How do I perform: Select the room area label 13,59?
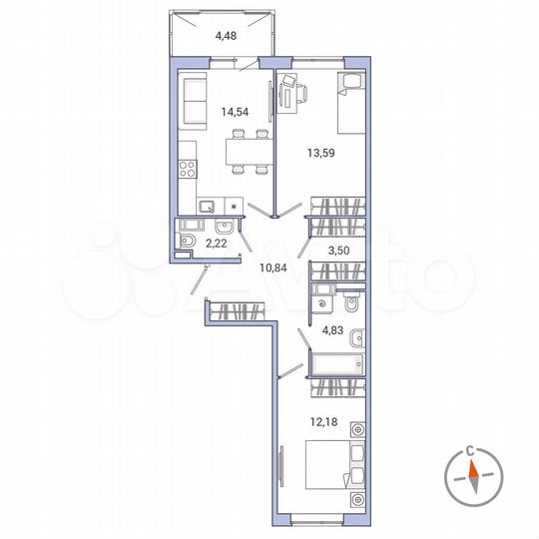tap(317, 154)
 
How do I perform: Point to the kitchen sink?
tap(209, 207)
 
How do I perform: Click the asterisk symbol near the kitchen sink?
tap(235, 207)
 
